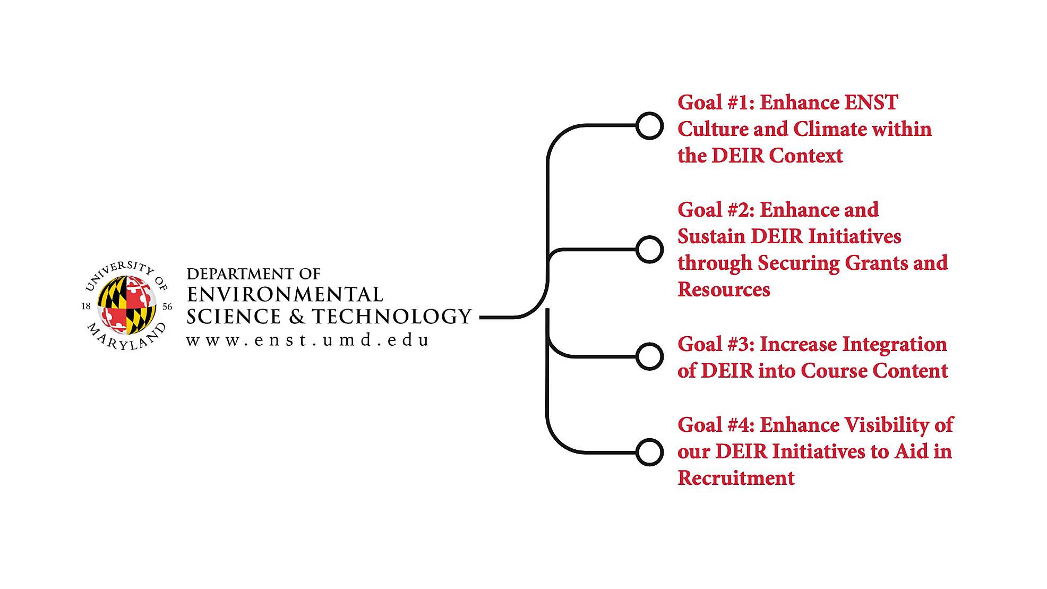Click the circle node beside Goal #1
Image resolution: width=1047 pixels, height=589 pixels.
click(649, 126)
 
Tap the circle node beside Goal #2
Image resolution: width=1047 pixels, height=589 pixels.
click(649, 250)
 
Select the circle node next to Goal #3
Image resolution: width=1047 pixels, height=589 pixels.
click(649, 356)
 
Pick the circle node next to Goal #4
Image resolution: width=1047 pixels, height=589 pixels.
click(649, 453)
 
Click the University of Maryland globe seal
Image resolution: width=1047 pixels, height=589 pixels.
click(127, 305)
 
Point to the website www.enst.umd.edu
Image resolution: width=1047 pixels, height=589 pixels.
click(307, 340)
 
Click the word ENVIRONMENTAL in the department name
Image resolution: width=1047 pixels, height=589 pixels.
click(285, 295)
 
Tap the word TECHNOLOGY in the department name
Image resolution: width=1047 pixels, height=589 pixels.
click(392, 317)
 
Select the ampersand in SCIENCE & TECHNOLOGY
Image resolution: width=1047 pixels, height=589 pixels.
click(296, 317)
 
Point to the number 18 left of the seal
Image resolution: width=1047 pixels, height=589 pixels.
click(86, 306)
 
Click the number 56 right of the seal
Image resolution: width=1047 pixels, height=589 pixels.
click(167, 306)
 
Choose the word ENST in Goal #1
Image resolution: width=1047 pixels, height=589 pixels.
click(871, 103)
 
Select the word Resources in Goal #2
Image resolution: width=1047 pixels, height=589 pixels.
click(724, 289)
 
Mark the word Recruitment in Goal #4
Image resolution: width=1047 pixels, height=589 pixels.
click(736, 478)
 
